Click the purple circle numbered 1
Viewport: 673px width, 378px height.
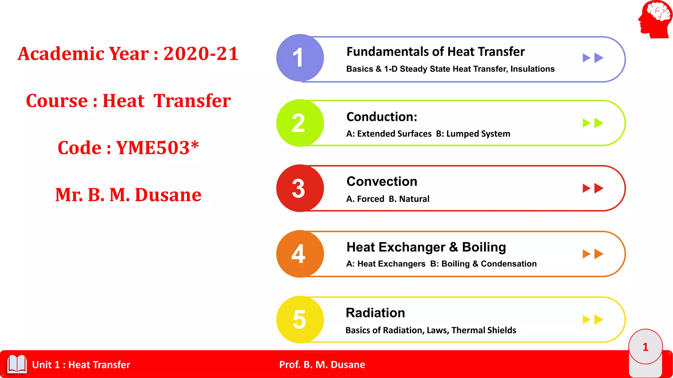point(300,58)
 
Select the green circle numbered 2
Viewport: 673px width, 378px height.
point(300,123)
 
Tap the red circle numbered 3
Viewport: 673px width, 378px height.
point(300,188)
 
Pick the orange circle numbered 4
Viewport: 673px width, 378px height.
point(300,254)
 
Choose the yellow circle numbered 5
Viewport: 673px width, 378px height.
point(300,320)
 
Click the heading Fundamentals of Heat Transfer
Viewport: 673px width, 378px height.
point(435,52)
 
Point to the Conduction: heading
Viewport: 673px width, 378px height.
point(382,117)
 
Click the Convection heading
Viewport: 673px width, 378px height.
point(382,181)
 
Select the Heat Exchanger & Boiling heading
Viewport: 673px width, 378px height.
point(426,247)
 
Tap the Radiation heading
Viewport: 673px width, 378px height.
point(375,313)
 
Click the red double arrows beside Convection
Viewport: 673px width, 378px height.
point(593,188)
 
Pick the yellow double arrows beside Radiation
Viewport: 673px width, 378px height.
point(593,320)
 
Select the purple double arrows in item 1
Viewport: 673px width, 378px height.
point(593,58)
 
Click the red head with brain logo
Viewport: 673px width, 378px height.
point(655,19)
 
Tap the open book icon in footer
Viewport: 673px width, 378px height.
point(17,364)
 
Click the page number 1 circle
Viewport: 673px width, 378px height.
point(645,347)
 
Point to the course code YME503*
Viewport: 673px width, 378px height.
point(157,148)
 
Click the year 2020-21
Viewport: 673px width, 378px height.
point(201,53)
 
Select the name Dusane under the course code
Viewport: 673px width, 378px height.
point(168,195)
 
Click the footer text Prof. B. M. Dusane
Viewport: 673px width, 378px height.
point(322,365)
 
